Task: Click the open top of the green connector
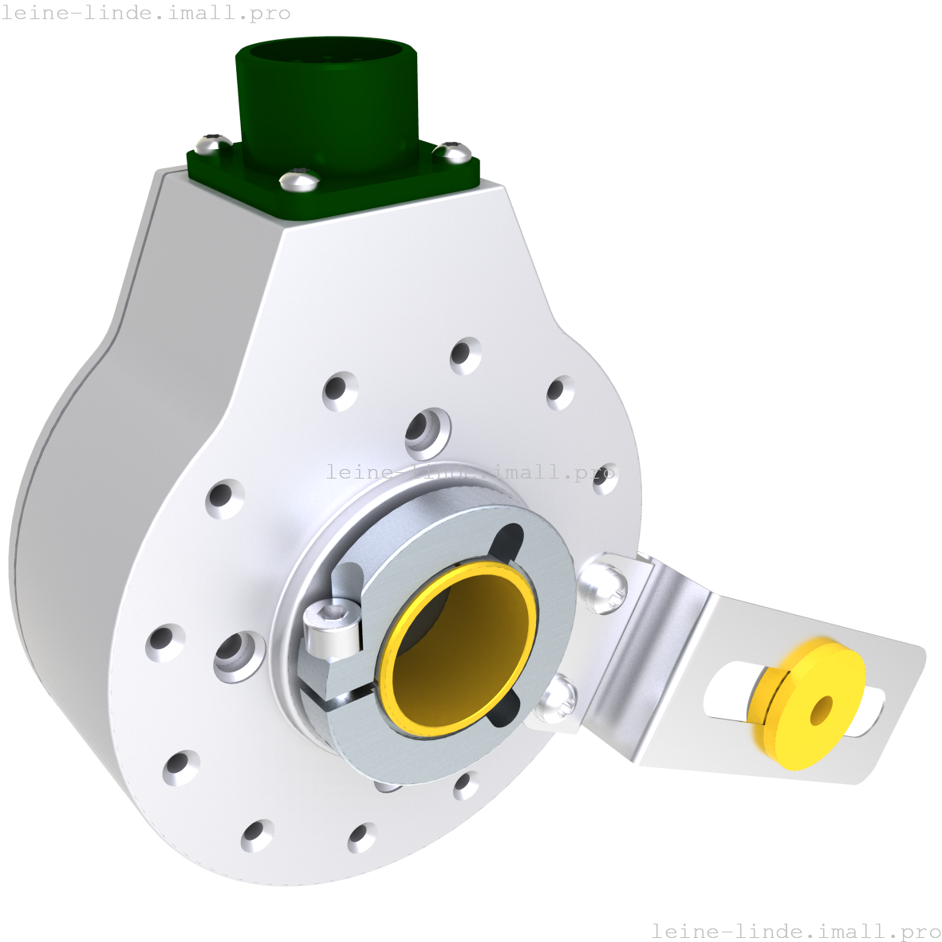point(325,56)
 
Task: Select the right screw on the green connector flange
point(452,150)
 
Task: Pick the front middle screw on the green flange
point(300,179)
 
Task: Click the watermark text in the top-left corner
point(146,14)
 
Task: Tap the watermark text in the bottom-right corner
point(795,931)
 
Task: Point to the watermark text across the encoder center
point(471,472)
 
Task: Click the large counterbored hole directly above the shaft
point(428,431)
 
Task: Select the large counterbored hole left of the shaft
point(238,656)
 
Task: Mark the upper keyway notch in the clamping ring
point(506,542)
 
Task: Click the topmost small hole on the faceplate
point(465,355)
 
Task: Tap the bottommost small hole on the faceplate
point(362,837)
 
